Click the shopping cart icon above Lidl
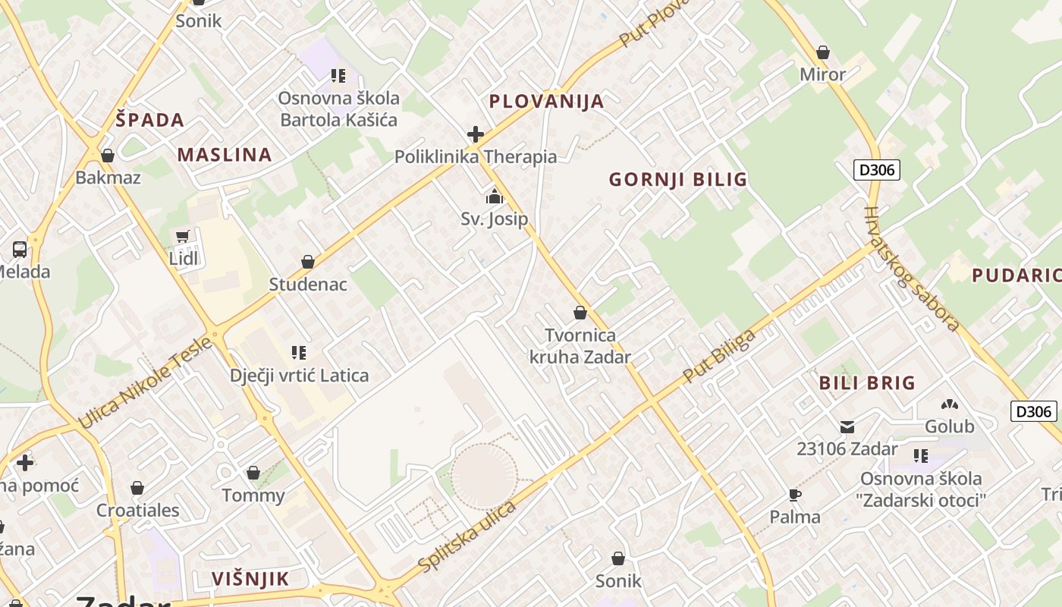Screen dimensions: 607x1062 (182, 237)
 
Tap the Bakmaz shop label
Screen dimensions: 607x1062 (108, 178)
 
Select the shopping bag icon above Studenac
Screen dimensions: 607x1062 (308, 262)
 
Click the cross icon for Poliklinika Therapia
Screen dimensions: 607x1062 (476, 135)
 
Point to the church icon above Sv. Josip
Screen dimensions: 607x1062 (495, 197)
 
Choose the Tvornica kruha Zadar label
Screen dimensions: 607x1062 (580, 346)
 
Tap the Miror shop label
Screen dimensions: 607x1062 (822, 74)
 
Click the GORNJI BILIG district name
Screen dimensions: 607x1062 (678, 180)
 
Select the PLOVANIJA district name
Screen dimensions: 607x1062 (546, 102)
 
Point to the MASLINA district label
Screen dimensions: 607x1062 (225, 156)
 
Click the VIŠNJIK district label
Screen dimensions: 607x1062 (250, 579)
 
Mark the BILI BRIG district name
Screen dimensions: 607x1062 (867, 383)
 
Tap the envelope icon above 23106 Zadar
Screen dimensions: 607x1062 (847, 427)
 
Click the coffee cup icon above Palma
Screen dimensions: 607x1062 (794, 495)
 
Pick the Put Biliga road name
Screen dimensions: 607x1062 (719, 356)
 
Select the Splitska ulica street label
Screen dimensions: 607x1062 (467, 536)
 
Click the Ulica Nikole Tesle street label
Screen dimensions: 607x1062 (144, 383)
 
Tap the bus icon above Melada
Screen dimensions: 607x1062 (20, 249)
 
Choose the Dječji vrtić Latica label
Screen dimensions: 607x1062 (300, 376)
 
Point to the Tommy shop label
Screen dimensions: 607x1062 (253, 495)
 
